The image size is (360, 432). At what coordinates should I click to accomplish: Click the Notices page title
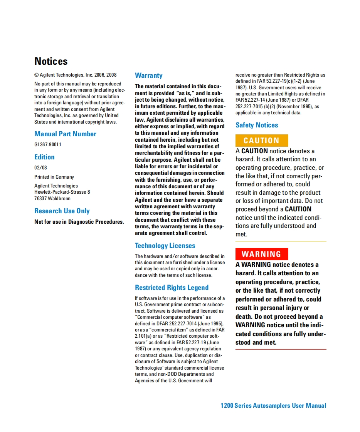tap(51, 61)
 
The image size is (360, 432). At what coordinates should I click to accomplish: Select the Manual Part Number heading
tap(65, 134)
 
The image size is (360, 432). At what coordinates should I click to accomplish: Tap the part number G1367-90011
tap(48, 145)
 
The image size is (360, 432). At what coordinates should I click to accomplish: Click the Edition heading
tap(44, 157)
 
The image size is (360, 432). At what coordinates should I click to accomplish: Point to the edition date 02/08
tap(40, 168)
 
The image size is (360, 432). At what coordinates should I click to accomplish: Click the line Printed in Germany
tap(54, 177)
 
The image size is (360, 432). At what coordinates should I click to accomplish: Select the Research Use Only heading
tap(62, 211)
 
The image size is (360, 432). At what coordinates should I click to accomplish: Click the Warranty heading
tap(148, 75)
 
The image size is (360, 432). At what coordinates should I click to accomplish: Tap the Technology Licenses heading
tap(165, 246)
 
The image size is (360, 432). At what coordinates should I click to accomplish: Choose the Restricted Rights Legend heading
tap(172, 288)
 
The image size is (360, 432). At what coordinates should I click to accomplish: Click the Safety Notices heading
tap(257, 125)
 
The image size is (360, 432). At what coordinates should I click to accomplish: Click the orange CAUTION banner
tap(262, 141)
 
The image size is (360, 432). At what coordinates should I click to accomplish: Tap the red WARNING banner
tap(262, 254)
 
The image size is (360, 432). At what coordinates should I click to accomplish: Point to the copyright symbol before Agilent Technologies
tap(37, 75)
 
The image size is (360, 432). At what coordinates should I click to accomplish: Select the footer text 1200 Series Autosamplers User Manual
tap(273, 405)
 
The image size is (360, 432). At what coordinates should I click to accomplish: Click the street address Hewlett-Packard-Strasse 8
tap(62, 192)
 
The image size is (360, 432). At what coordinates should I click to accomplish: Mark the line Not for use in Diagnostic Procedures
tap(79, 222)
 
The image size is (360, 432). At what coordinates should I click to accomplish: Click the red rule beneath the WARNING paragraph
tap(281, 349)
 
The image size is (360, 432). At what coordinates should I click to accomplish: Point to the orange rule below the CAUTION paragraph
tap(281, 241)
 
